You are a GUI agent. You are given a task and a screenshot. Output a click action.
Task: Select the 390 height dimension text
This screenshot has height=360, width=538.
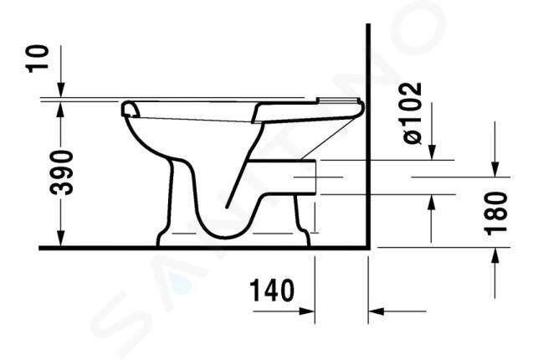62,172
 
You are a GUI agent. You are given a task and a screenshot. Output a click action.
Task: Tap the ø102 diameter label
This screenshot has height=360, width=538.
412,112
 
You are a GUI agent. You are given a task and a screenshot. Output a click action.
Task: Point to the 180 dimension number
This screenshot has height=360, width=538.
497,213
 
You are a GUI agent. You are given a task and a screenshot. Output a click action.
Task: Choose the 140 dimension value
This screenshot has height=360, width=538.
272,291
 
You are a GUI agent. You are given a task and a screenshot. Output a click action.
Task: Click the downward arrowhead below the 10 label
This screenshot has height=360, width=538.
61,90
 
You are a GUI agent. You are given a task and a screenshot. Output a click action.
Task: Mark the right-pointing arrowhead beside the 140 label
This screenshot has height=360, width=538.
307,311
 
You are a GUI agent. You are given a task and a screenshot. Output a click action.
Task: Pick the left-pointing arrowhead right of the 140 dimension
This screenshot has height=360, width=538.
376,311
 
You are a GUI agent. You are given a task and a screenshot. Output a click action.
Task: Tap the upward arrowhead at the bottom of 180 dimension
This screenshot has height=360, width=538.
495,255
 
